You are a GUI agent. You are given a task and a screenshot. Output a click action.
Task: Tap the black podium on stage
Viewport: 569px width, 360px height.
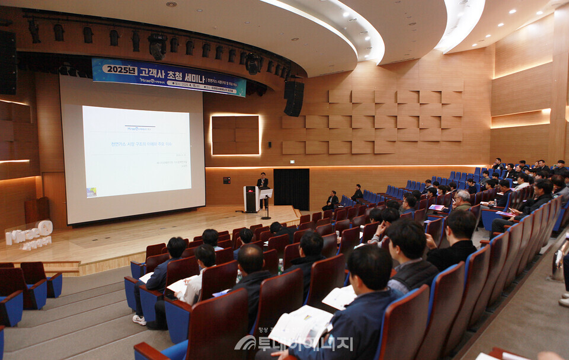[x=251, y=199]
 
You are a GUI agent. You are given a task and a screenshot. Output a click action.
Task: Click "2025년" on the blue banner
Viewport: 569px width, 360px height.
[x=120, y=69]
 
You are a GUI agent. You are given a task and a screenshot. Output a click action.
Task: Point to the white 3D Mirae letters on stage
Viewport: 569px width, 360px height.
[x=29, y=234]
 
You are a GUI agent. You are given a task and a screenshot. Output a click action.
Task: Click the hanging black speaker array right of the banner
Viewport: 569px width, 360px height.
[x=293, y=98]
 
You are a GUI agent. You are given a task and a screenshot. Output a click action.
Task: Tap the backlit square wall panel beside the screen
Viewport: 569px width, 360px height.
[x=235, y=135]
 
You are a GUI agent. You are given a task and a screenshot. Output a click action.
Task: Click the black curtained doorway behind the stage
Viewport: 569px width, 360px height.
[x=291, y=189]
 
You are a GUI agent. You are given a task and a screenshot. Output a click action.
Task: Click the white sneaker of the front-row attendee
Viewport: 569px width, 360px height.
[x=139, y=320]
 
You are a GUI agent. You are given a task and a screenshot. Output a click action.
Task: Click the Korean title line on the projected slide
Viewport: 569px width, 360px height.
[x=142, y=144]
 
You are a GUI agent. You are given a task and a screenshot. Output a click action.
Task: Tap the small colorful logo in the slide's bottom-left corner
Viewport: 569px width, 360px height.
[x=91, y=192]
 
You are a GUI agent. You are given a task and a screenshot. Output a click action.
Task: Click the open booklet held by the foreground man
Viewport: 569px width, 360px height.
[x=300, y=326]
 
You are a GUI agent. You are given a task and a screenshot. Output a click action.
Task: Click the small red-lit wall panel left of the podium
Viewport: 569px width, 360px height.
[x=225, y=179]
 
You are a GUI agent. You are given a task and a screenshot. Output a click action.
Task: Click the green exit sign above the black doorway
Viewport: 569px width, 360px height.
[x=291, y=165]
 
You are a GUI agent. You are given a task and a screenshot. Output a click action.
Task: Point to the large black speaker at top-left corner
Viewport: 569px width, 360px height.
[x=8, y=62]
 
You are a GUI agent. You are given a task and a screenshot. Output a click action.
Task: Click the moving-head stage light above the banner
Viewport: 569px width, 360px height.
[x=158, y=46]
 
